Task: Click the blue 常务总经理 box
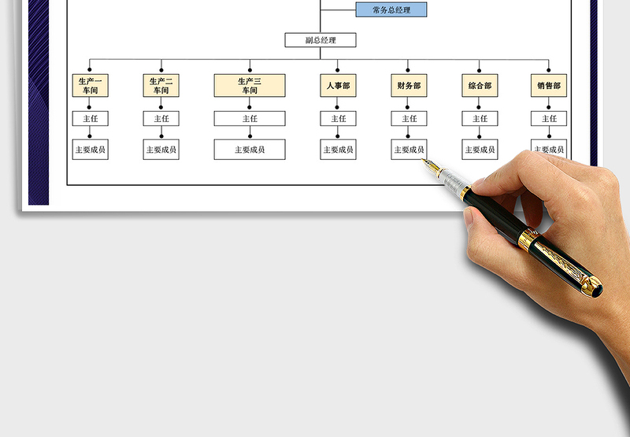tap(391, 9)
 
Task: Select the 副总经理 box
tap(321, 40)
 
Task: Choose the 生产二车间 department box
tap(161, 86)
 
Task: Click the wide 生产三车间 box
tap(250, 86)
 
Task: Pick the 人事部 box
tap(338, 86)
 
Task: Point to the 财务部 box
tap(409, 86)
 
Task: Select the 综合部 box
tap(480, 86)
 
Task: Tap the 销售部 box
tap(549, 86)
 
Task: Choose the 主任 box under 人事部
tap(338, 119)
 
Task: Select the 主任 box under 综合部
tap(480, 119)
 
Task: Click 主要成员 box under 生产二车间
tap(161, 150)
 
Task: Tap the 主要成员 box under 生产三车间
tap(250, 150)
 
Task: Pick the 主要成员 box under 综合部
tap(480, 150)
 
